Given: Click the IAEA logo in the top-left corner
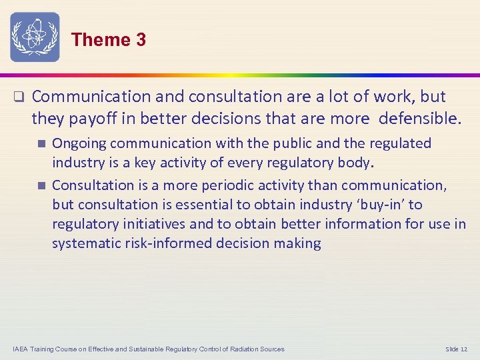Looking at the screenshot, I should pos(35,37).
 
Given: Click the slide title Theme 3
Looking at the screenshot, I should pos(108,40).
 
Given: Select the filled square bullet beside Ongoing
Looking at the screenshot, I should pos(41,143).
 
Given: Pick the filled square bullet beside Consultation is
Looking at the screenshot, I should pos(41,185).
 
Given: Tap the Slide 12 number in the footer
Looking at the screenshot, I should pos(457,349).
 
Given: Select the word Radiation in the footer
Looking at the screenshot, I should pos(237,349).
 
